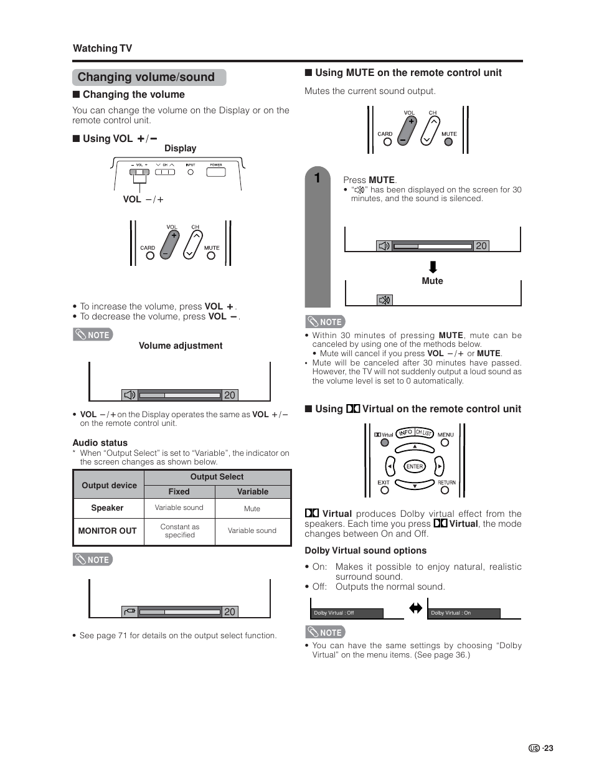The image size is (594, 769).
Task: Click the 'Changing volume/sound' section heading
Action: click(146, 77)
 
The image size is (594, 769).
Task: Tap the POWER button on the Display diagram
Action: click(216, 171)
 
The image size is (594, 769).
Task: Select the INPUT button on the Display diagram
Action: click(191, 172)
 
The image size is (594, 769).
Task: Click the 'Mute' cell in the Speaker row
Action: click(252, 509)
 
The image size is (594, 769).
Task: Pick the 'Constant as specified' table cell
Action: click(179, 531)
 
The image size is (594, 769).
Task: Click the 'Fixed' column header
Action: click(179, 491)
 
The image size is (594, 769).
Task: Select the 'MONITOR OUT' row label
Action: click(107, 531)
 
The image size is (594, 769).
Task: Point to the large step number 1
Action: click(317, 178)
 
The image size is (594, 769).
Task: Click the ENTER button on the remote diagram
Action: click(415, 466)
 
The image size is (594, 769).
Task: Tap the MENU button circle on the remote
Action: click(445, 443)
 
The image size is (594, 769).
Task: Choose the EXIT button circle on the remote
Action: click(384, 490)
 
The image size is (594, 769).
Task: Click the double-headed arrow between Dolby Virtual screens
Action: click(415, 608)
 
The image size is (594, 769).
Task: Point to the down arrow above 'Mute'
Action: click(433, 268)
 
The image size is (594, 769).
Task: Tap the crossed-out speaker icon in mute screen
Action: click(384, 300)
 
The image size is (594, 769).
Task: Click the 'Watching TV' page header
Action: click(103, 49)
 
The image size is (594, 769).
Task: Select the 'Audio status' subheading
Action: click(100, 443)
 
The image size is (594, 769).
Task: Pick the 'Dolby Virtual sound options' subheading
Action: click(365, 550)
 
